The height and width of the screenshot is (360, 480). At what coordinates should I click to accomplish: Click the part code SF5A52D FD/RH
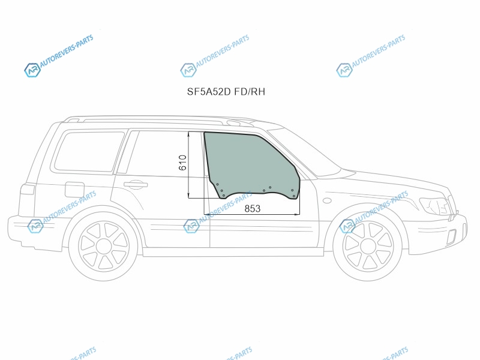coord(226,92)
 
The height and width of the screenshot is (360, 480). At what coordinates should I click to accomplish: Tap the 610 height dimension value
coord(182,163)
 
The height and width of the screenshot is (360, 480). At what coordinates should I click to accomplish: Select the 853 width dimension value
coord(253,208)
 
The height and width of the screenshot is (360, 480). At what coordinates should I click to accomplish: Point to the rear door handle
coord(136,185)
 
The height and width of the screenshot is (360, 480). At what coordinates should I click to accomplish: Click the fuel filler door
coord(74,190)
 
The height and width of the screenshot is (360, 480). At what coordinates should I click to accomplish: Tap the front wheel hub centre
coord(368,247)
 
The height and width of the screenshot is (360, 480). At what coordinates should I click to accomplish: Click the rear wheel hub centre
coord(103,247)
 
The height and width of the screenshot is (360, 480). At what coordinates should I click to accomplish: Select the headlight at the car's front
coord(435,205)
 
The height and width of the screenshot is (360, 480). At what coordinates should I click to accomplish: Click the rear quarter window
coord(89,151)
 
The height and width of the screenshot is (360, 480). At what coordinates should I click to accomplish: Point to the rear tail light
coord(28,189)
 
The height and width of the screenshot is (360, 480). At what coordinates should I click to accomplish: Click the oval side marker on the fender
coord(327,200)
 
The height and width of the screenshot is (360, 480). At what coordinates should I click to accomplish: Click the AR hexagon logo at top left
coord(32,70)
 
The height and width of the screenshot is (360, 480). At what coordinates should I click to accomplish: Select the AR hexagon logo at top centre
coord(188,70)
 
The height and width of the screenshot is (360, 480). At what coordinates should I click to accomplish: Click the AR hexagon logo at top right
coord(344,70)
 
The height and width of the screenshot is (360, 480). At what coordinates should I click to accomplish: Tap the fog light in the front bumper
coord(452,236)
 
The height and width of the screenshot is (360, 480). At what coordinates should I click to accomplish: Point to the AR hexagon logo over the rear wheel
coord(35,226)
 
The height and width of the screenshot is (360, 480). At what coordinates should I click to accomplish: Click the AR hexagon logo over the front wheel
coord(347,226)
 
